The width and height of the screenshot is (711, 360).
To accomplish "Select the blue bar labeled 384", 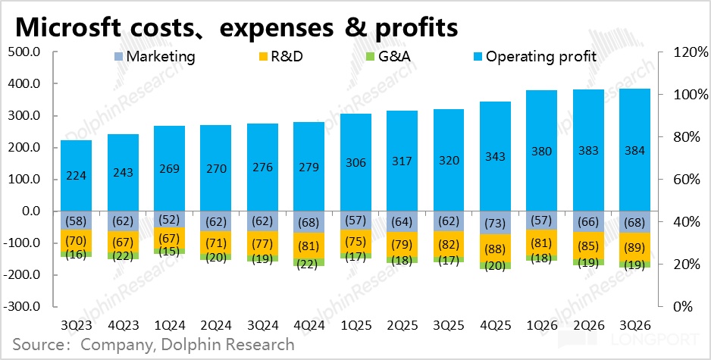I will [634, 150].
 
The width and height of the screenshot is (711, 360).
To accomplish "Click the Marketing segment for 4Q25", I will [494, 223].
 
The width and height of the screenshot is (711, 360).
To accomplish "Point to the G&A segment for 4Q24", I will [309, 261].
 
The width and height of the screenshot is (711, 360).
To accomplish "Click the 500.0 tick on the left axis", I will [24, 52].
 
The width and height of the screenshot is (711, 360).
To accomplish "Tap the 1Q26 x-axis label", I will [540, 324].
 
